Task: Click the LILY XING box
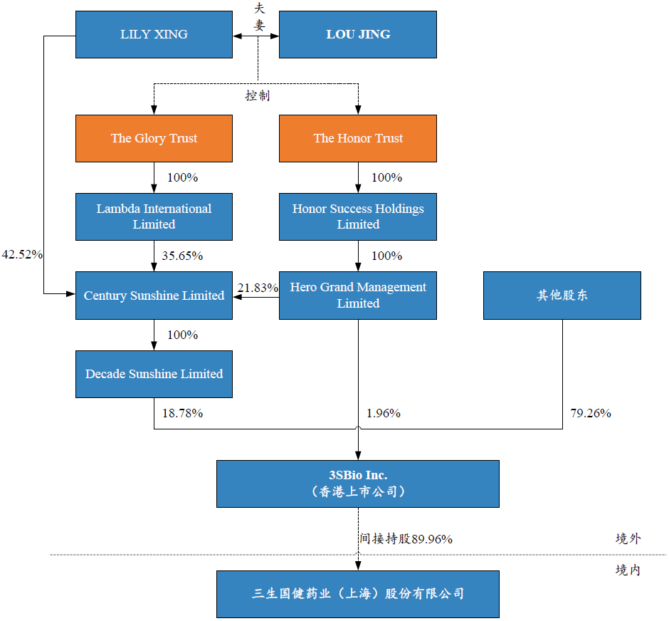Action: coord(154,34)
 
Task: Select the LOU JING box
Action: coord(357,34)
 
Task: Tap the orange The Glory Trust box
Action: coord(154,138)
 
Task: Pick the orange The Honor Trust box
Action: coord(357,138)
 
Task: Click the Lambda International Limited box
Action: coord(154,216)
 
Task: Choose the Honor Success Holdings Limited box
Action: coord(357,216)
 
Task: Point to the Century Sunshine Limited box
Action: coord(154,296)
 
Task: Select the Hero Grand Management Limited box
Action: coord(357,296)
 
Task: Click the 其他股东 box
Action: coord(562,296)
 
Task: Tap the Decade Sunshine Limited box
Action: coord(154,374)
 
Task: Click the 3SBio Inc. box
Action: coord(357,484)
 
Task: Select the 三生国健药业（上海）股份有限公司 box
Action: coord(357,594)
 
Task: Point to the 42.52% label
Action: coord(23,254)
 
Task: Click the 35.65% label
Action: coord(182,256)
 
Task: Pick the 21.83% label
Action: coord(257,288)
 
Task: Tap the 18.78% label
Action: coord(182,413)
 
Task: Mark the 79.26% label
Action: coord(590,413)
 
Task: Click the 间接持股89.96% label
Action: coord(406,539)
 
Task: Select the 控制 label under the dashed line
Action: coord(258,95)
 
